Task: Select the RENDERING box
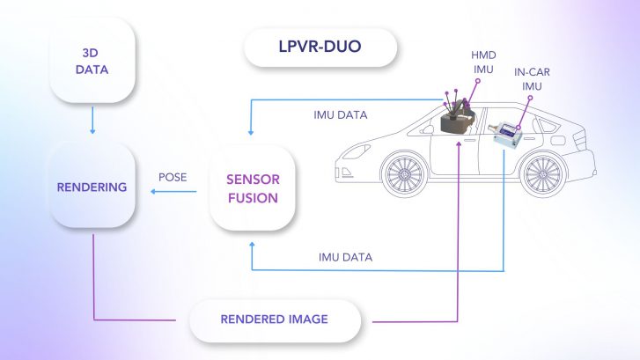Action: [92, 187]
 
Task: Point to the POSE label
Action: [172, 176]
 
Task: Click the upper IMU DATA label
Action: [340, 114]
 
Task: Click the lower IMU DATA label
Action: [345, 257]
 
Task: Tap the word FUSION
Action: [253, 198]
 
